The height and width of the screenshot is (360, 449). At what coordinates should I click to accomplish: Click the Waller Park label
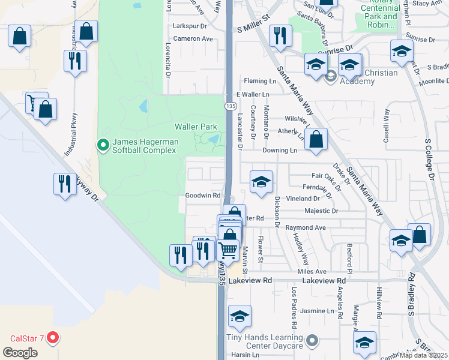click(x=195, y=127)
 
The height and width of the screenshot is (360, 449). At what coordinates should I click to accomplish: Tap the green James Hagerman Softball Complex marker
click(x=102, y=145)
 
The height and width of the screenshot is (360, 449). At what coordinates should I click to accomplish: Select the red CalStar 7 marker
click(x=53, y=337)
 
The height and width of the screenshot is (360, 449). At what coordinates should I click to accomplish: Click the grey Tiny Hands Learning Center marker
click(x=312, y=341)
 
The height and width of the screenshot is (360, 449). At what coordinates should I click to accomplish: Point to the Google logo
click(x=20, y=352)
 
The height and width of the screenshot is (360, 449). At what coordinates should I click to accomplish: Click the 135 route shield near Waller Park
click(x=230, y=106)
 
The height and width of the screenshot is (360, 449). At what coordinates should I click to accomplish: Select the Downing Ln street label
click(x=280, y=151)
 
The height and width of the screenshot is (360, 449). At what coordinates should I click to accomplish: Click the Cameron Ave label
click(x=193, y=38)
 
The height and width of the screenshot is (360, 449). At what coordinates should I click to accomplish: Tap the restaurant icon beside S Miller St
click(x=280, y=35)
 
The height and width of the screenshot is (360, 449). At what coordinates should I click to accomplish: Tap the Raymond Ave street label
click(x=305, y=228)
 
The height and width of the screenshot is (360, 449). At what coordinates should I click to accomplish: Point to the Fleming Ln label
click(x=259, y=81)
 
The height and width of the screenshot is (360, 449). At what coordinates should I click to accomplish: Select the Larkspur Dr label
click(x=189, y=26)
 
